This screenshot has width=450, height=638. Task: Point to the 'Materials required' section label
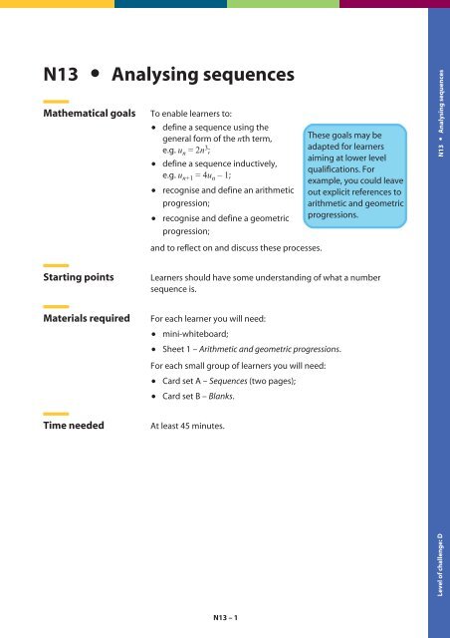pos(87,320)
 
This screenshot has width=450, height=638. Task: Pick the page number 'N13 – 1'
pos(225,617)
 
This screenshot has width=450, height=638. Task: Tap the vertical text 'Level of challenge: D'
pos(439,568)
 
